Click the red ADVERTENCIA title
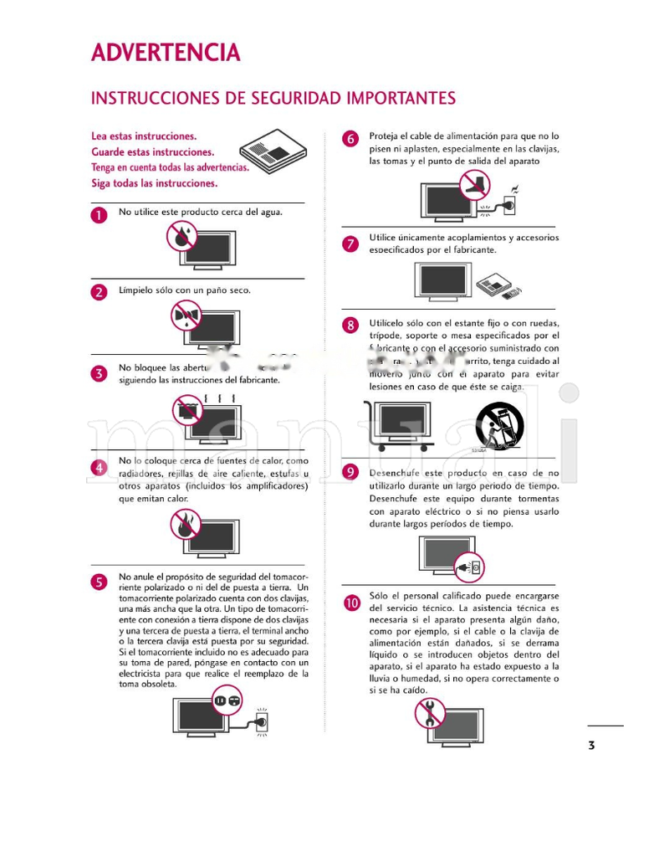166,53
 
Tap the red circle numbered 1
100,215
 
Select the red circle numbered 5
100,582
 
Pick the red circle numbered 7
351,244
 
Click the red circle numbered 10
351,602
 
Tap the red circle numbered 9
351,472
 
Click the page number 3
591,745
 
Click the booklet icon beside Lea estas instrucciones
273,151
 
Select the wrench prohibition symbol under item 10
430,713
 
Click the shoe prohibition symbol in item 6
475,184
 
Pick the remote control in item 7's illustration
513,293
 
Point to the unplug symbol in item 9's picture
468,568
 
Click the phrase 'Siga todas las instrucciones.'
154,183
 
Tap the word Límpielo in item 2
135,290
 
